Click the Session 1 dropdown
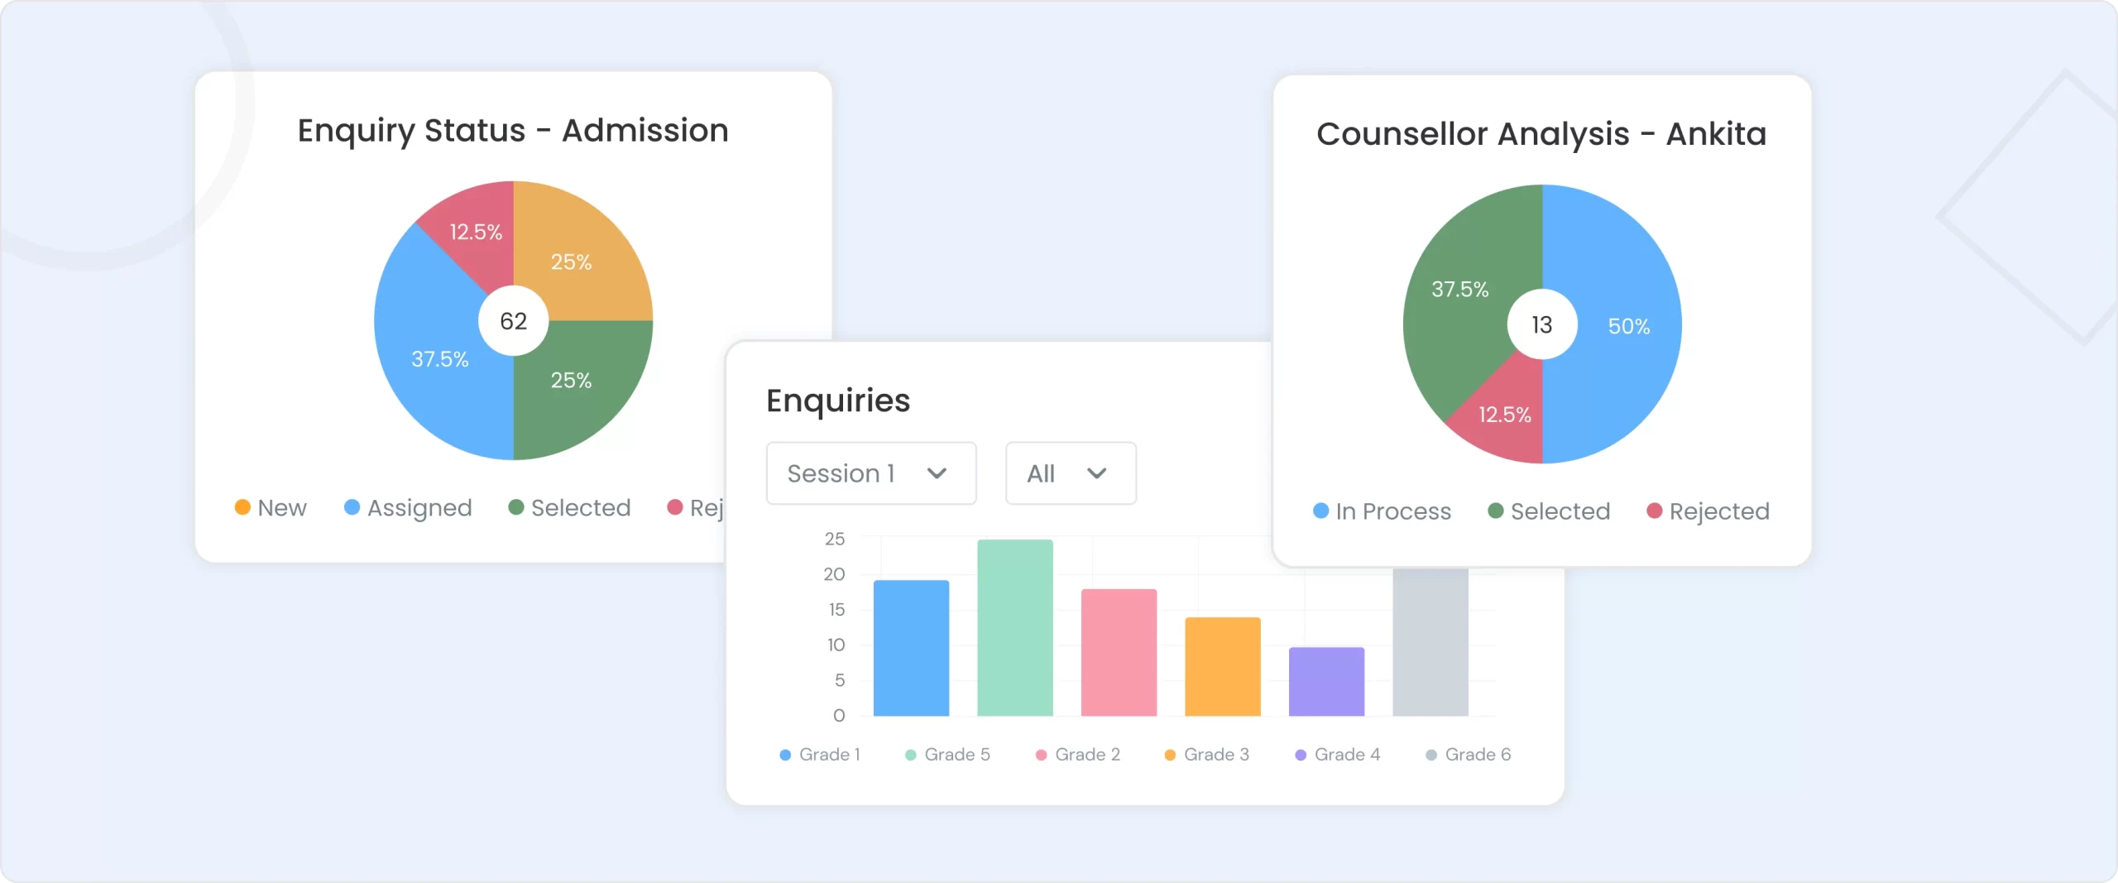[870, 473]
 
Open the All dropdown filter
[1070, 473]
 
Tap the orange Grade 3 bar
[1222, 666]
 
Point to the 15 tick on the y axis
[836, 610]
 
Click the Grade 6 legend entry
[1469, 755]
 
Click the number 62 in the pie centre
[513, 321]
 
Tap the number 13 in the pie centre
[1541, 324]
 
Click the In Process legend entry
[1382, 511]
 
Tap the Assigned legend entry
[409, 507]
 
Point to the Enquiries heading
[837, 401]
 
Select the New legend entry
[271, 507]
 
